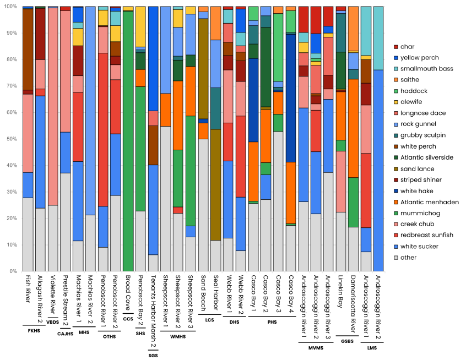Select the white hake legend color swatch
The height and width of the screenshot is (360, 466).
tap(396, 191)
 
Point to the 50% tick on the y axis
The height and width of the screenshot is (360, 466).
tap(13, 139)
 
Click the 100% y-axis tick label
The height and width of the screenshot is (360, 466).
tap(11, 7)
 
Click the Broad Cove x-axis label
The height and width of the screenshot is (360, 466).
tap(128, 292)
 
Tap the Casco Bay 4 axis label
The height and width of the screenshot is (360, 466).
tap(291, 294)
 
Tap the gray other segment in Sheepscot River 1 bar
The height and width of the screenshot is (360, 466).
tap(165, 198)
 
